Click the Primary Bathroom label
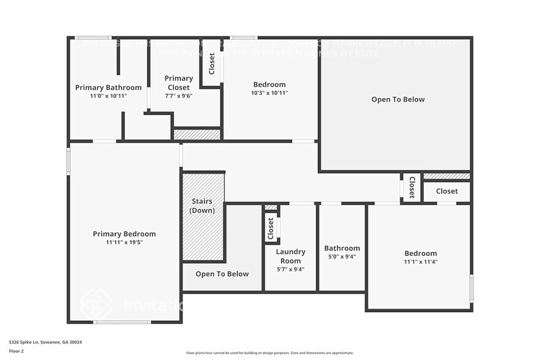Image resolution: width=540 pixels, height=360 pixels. coord(108,88)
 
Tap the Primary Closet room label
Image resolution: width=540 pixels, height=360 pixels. coord(179,83)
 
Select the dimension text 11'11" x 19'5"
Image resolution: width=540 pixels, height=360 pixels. coord(124,242)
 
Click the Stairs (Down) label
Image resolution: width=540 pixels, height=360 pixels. coord(202,206)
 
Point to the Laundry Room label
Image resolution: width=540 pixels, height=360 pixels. coord(290,256)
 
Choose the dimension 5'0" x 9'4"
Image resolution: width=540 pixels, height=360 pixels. coord(342,257)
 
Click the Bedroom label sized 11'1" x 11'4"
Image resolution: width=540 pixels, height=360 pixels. coord(421,253)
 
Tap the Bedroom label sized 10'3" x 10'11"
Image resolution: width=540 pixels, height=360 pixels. coord(269,84)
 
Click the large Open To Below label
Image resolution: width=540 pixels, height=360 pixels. coord(398,99)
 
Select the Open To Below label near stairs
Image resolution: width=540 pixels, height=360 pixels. coord(222,274)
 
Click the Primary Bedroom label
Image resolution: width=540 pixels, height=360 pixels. coord(124,234)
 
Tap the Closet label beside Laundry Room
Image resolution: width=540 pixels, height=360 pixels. coord(271,229)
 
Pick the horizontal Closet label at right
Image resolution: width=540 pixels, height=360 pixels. coord(447,192)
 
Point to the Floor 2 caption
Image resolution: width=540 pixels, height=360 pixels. coord(17,351)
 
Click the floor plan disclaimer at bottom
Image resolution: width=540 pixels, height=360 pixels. coord(269,353)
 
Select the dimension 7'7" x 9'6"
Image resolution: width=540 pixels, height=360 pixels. coord(179,96)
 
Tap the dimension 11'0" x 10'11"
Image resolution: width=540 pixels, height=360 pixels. coord(108,96)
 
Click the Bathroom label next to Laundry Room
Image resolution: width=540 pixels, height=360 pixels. coord(342,248)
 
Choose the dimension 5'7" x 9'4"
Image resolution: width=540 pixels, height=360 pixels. coord(290,269)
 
